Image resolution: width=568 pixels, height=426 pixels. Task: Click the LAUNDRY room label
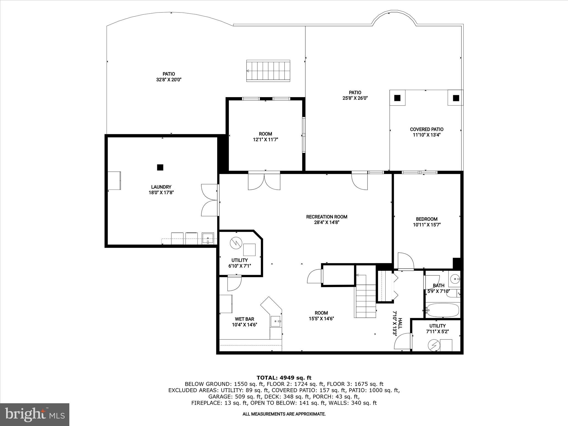click(x=161, y=187)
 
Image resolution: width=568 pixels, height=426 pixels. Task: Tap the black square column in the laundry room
click(x=160, y=167)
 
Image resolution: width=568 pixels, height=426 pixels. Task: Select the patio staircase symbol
click(x=268, y=71)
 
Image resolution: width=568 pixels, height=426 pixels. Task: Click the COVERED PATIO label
click(x=427, y=129)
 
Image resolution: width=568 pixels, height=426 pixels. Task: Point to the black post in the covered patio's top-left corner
click(x=397, y=98)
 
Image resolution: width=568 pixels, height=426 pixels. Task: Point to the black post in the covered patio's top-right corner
click(x=456, y=98)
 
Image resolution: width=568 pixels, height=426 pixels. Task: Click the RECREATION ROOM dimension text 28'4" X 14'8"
click(x=326, y=222)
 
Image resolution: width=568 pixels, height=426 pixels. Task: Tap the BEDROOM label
click(x=427, y=219)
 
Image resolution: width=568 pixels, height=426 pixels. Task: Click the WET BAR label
click(x=244, y=319)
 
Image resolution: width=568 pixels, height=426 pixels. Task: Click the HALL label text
click(x=400, y=323)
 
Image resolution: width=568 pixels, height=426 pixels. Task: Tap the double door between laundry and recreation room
click(x=210, y=200)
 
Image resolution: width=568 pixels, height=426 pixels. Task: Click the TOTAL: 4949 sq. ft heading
click(x=284, y=378)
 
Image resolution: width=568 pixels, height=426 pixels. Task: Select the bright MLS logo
click(x=35, y=415)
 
